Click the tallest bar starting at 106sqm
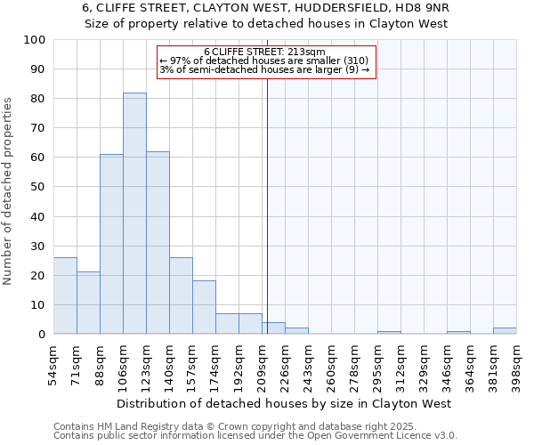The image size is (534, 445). point(134,214)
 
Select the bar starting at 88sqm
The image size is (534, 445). point(111,244)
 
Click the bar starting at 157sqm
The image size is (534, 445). point(204,307)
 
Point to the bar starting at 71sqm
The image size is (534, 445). point(88,303)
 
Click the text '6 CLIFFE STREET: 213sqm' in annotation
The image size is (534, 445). point(264,52)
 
